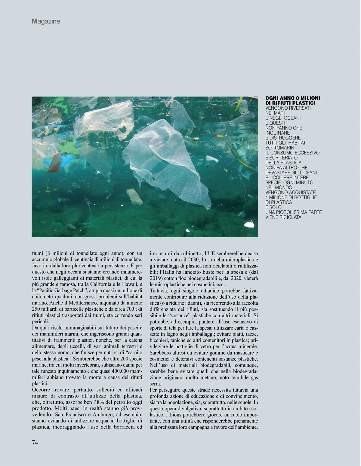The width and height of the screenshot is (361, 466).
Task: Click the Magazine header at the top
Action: pos(46,21)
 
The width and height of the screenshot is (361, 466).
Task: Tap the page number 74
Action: pos(35,443)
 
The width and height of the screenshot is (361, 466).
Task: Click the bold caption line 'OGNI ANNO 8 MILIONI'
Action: pos(293,98)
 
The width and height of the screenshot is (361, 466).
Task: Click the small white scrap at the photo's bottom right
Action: pos(249,224)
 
